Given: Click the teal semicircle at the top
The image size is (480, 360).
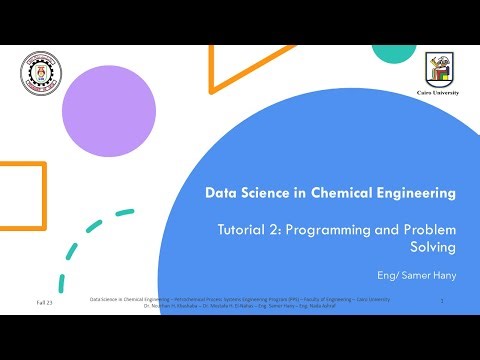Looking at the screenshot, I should tap(393, 53).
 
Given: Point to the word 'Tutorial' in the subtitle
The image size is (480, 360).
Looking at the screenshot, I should tap(244, 229).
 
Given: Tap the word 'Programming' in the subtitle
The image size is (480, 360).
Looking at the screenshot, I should tap(339, 229).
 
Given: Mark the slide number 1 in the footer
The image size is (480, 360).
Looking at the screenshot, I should tap(441, 300).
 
